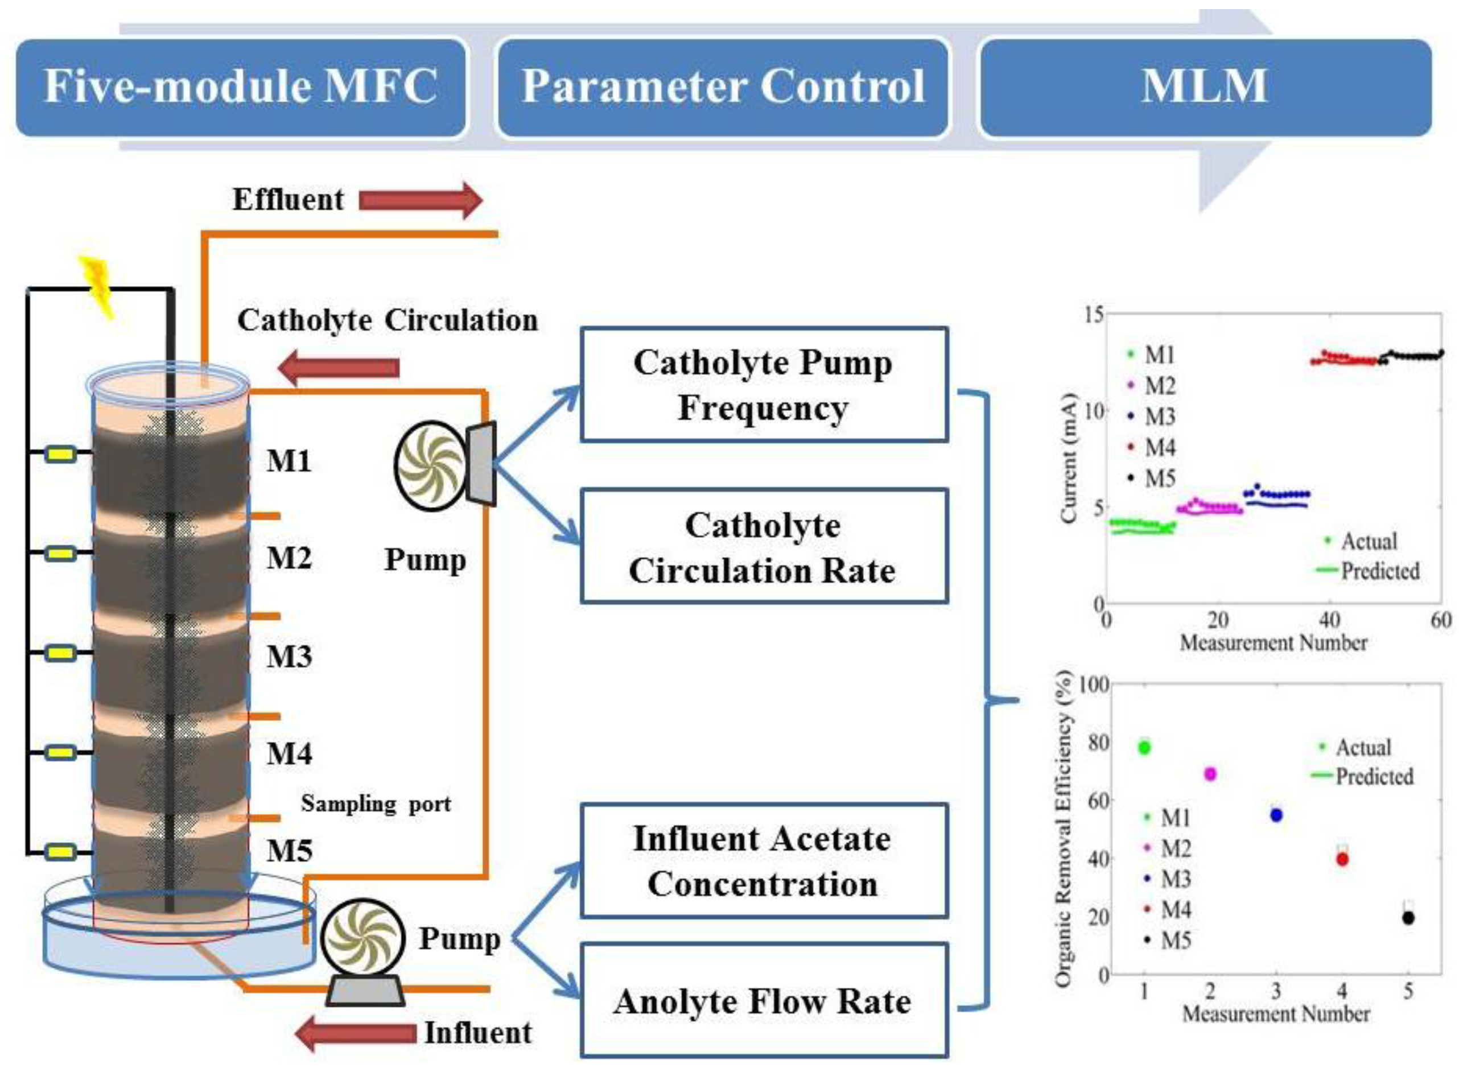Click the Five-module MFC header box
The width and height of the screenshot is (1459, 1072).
click(x=240, y=88)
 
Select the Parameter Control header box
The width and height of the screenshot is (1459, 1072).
click(x=722, y=88)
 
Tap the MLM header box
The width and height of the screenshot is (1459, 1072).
click(x=1204, y=88)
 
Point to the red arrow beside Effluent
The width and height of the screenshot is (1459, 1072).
click(x=420, y=200)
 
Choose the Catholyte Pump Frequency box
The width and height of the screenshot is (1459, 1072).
click(x=763, y=385)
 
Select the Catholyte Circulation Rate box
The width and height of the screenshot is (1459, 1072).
click(x=763, y=547)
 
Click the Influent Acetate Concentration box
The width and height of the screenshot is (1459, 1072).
click(x=763, y=861)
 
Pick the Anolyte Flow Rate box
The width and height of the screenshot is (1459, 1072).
click(x=763, y=1001)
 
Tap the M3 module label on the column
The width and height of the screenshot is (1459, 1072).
click(x=289, y=657)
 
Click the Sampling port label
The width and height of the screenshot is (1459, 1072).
click(x=375, y=804)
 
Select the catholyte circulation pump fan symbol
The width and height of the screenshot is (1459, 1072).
click(x=430, y=464)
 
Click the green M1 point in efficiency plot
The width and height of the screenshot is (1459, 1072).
click(x=1144, y=748)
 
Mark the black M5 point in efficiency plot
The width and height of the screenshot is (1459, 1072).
click(x=1408, y=918)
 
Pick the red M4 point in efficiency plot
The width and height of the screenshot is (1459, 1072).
click(x=1342, y=859)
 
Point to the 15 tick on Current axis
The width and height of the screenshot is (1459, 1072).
click(x=1093, y=315)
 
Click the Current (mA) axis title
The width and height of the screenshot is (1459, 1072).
click(x=1068, y=457)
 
